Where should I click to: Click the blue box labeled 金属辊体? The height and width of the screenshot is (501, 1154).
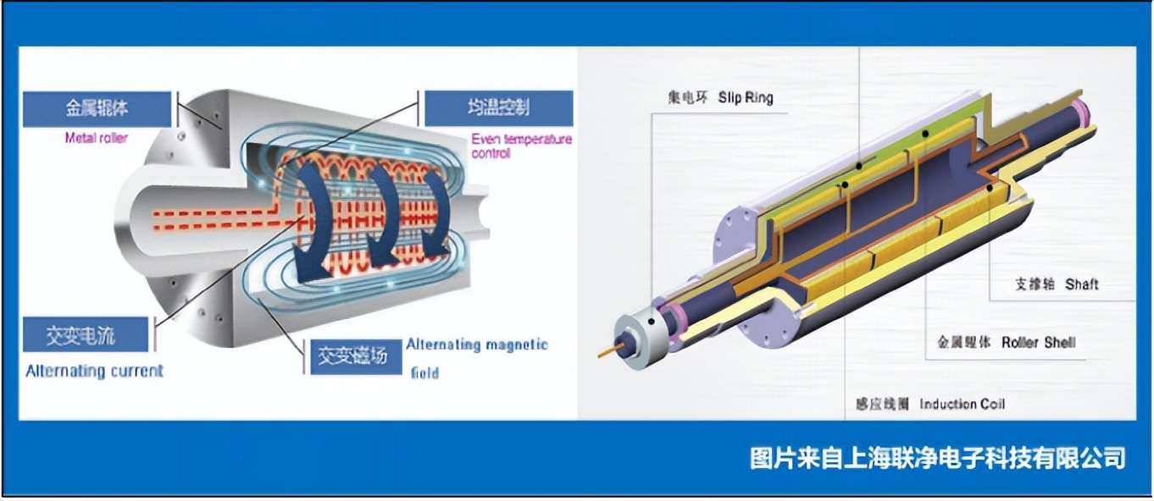[97, 109]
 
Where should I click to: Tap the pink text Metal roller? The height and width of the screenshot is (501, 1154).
[97, 137]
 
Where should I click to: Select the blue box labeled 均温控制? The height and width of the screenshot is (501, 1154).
[498, 108]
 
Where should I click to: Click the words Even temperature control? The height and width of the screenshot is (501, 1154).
[521, 146]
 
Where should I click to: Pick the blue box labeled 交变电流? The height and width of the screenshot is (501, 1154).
[85, 335]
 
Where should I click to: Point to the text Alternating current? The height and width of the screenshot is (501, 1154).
[94, 371]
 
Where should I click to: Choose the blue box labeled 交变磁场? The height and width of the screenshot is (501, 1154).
[352, 356]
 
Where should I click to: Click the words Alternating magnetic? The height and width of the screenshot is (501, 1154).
[477, 344]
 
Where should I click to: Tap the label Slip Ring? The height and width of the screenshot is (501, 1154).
[746, 97]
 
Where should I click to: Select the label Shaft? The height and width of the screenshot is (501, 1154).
[1082, 284]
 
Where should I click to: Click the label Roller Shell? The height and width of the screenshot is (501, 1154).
[1038, 343]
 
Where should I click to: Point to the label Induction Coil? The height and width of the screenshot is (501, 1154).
[962, 404]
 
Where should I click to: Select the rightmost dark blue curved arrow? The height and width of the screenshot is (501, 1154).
[437, 212]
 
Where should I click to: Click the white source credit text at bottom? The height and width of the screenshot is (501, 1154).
[938, 458]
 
